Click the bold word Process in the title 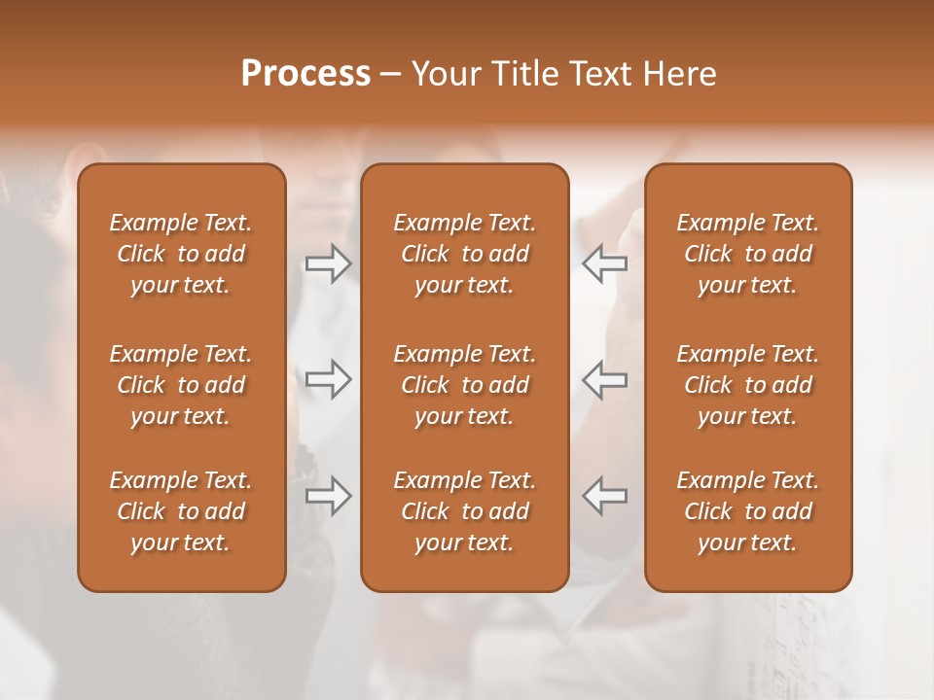tap(305, 74)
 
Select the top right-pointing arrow tap(328, 263)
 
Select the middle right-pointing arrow tap(328, 379)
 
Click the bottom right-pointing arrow tap(328, 496)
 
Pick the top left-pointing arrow tap(604, 263)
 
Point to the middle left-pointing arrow tap(604, 379)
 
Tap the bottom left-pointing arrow tap(604, 496)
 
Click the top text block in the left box tap(181, 254)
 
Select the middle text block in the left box tap(181, 385)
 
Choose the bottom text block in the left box tap(181, 511)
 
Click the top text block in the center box tap(464, 254)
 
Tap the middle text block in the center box tap(464, 385)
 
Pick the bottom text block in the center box tap(464, 511)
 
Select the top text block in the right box tap(747, 254)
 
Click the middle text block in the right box tap(747, 385)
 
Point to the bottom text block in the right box tap(747, 511)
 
